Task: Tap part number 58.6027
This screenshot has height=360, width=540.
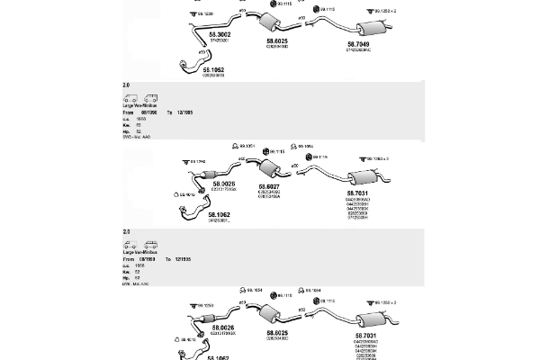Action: click(269, 184)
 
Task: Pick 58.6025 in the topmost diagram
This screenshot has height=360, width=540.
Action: click(276, 40)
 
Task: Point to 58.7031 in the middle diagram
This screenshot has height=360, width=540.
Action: click(357, 193)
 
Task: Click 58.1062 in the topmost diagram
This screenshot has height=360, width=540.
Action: click(212, 68)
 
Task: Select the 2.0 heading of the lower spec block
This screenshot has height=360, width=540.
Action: click(127, 232)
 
